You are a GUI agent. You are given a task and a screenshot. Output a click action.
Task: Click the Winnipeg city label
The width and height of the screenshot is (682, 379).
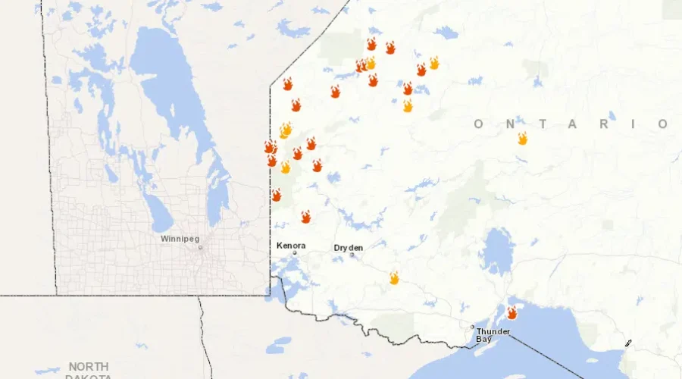179,238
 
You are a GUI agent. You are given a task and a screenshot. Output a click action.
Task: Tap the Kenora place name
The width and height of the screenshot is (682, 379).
291,246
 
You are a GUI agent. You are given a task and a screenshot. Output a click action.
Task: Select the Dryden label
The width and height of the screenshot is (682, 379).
349,248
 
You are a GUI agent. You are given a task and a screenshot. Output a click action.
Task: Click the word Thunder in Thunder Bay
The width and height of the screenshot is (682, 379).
493,331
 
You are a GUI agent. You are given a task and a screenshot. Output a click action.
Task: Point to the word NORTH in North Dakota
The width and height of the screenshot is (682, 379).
89,366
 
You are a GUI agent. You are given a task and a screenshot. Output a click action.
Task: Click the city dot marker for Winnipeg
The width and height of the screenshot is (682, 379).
200,247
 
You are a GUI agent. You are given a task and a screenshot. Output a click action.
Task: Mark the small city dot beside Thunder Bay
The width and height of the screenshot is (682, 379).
472,327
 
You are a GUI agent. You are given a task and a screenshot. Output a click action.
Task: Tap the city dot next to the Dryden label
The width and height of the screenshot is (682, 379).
352,255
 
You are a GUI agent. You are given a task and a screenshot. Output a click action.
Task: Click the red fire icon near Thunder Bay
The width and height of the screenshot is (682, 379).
512,312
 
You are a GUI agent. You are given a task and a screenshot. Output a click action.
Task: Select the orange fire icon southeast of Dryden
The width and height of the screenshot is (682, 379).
394,278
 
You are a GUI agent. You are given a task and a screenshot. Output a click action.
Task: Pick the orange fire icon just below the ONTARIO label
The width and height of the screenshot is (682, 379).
522,138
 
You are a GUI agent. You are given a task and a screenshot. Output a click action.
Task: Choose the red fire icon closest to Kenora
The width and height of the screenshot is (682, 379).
305,217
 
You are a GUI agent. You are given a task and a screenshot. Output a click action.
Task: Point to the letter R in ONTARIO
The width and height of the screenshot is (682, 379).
603,124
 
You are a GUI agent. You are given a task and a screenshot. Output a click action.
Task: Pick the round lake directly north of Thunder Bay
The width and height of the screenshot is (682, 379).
497,250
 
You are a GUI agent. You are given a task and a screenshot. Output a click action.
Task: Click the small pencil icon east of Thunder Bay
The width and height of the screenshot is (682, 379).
628,343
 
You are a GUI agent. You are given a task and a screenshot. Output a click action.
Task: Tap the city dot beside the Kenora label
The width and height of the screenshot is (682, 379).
296,252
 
